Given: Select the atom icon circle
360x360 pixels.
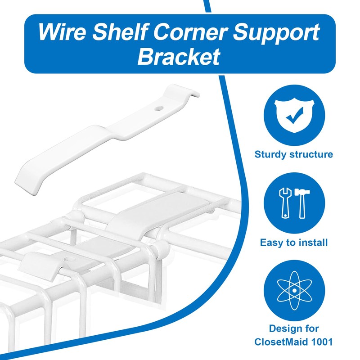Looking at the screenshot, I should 294,290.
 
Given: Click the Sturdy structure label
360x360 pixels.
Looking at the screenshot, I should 294,154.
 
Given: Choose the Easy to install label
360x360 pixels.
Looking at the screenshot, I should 294,243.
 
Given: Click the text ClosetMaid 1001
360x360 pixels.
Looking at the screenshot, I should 294,342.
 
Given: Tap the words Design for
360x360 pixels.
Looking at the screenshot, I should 294,328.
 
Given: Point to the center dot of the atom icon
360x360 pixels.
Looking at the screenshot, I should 294,290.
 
